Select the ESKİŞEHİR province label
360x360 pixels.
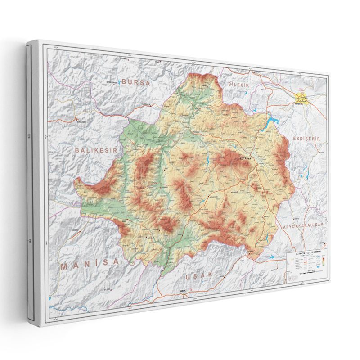pos(306,139)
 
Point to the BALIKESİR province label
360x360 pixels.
pos(96,149)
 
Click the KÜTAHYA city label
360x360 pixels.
pos(247,159)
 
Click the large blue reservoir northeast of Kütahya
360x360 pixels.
pos(271,122)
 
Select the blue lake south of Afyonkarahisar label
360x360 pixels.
pos(272,257)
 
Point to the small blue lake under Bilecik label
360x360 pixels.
pos(245,93)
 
